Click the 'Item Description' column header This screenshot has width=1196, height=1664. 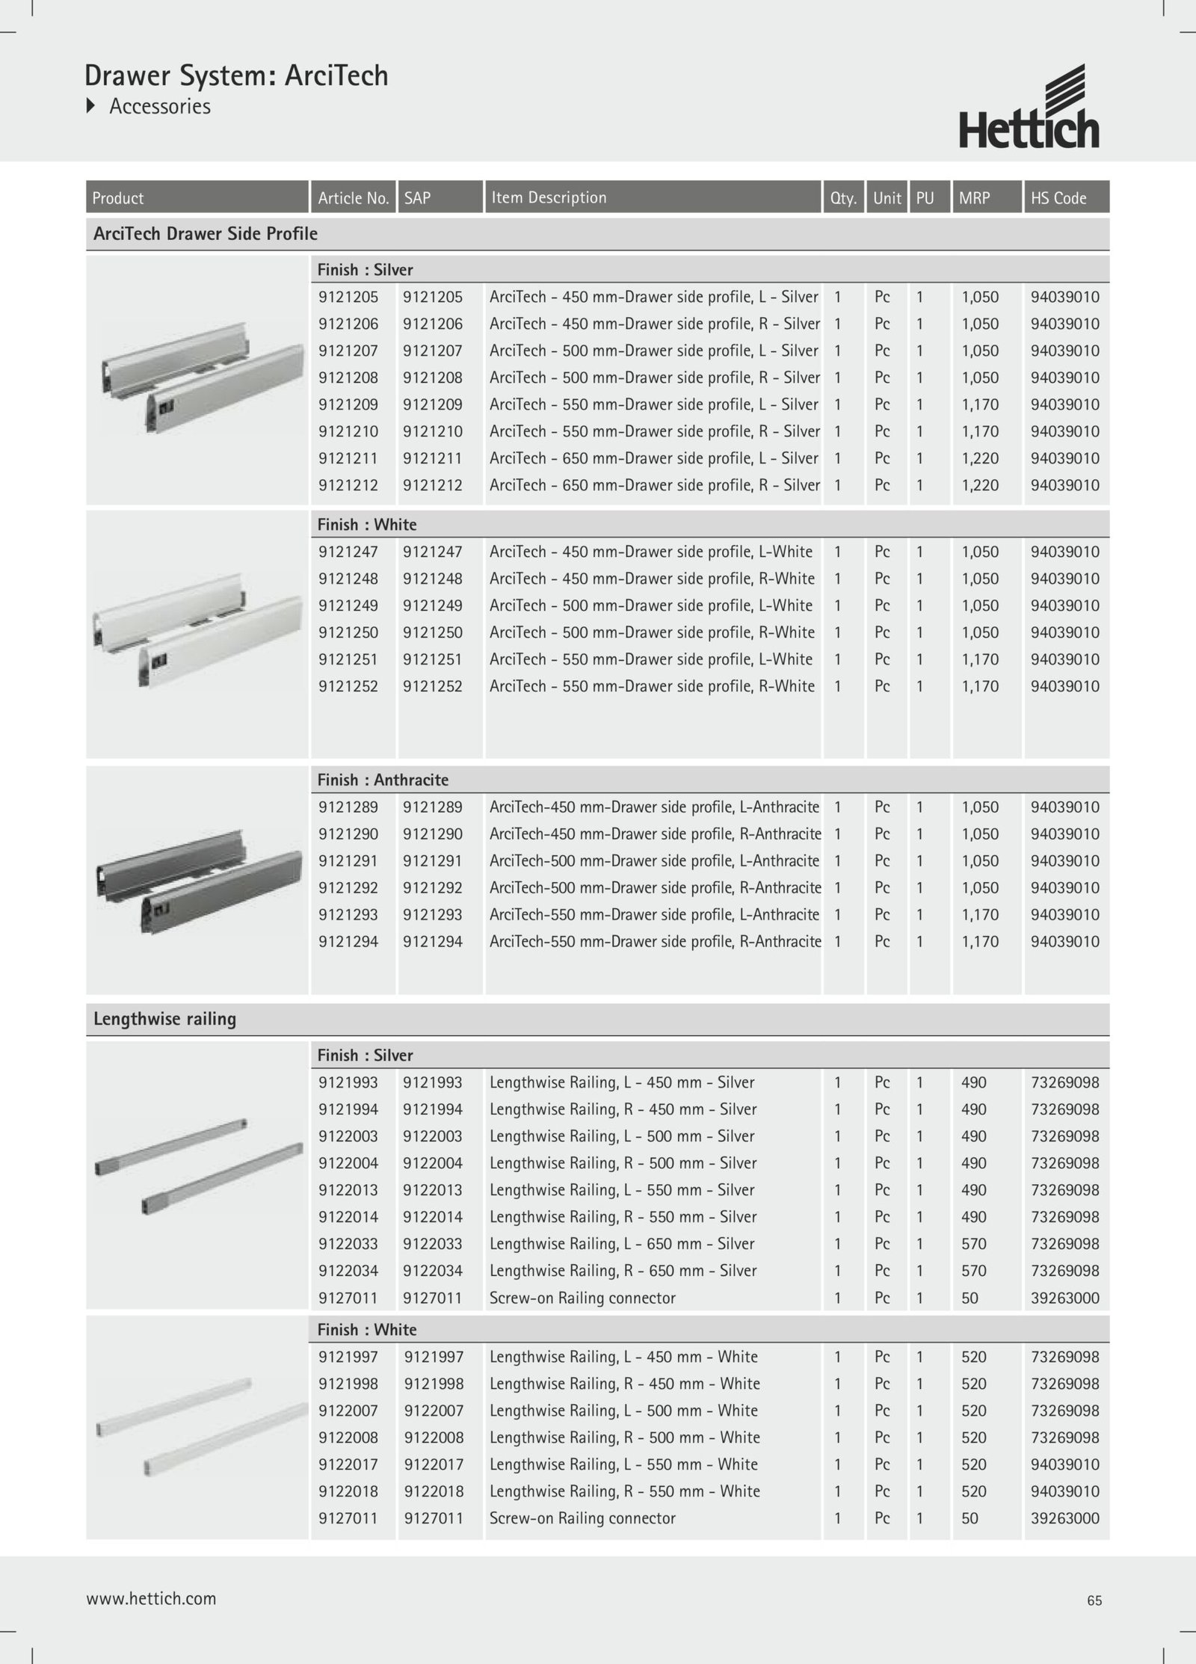coord(549,197)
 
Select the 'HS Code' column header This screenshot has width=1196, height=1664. coord(1058,198)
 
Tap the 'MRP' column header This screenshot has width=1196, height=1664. coord(974,198)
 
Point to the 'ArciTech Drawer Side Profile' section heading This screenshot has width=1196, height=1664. coord(206,234)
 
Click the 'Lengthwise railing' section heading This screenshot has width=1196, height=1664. coord(164,1019)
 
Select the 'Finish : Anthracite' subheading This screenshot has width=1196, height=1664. coord(383,780)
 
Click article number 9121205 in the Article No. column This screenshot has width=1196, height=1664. coord(348,297)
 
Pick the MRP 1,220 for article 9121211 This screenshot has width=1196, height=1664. coord(980,458)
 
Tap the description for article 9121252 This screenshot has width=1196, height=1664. coord(652,686)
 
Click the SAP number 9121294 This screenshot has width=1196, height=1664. coord(433,941)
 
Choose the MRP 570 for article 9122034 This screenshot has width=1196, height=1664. coord(974,1270)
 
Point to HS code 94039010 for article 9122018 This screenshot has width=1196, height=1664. coord(1064,1491)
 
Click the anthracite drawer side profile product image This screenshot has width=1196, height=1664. coord(197,881)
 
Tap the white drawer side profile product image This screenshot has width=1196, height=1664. coord(197,628)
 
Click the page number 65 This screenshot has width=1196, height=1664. coord(1094,1600)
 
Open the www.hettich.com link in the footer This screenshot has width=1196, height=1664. coord(151,1598)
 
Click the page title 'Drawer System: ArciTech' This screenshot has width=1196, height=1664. coord(236,76)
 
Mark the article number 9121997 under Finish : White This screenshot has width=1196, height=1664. coord(348,1356)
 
